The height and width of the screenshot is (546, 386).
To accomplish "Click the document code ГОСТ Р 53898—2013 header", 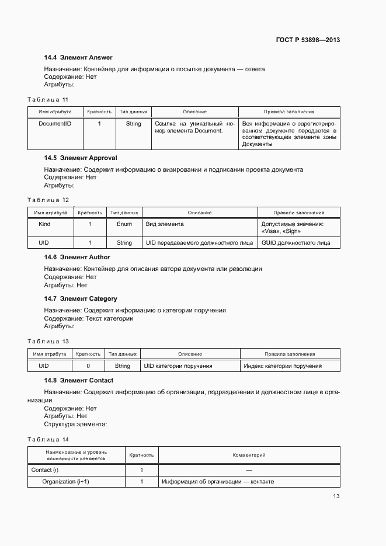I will pos(307,40).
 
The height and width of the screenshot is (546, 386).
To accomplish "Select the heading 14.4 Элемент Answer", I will pos(78,57).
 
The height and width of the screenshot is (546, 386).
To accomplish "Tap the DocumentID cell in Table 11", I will pos(55,124).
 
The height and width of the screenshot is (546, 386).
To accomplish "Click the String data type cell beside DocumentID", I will pos(133,124).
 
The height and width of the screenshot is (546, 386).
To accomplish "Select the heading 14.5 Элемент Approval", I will pos(81,158).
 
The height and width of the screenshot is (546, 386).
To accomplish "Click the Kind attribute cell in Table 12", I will pos(44,224).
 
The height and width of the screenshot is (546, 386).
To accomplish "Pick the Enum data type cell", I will pos(124,224).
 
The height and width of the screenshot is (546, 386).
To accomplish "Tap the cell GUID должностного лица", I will pos(295,242).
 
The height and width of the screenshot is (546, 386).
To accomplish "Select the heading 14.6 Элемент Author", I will pos(77,257).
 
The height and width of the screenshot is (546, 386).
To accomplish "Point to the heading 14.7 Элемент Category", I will pos(81,298).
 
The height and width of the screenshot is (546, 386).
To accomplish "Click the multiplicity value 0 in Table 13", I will pos(88,366).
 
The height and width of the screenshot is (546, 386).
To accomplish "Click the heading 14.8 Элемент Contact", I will pos(79,380).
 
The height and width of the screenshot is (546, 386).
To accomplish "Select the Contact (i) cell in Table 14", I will pos(45,470).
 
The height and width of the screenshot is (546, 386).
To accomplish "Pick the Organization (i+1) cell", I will pos(65,482).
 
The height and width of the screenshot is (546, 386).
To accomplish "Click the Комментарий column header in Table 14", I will pos(249,454).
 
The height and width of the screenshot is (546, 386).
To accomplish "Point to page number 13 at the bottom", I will pos(336,496).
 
